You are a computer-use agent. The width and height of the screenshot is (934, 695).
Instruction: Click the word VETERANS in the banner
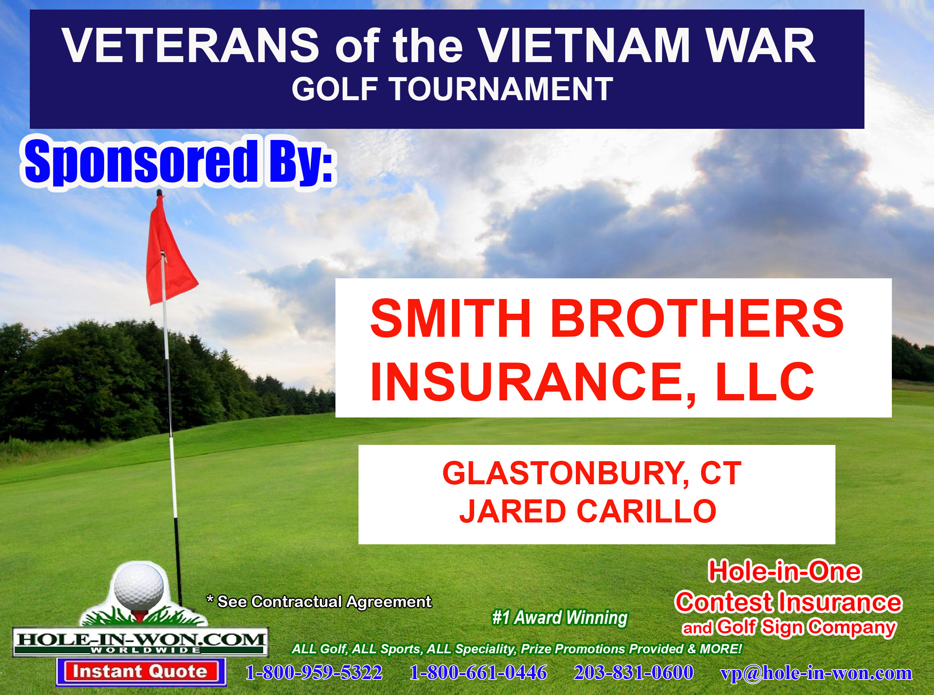190,45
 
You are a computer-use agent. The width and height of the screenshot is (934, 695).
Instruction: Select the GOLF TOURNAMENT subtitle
452,89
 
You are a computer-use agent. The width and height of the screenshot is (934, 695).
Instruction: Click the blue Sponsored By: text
179,162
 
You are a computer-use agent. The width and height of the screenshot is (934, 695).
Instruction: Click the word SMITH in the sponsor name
450,318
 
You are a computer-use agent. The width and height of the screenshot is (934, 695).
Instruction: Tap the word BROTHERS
697,318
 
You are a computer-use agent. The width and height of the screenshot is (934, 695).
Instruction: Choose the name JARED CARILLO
587,511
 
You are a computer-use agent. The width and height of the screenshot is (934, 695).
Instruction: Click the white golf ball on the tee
139,586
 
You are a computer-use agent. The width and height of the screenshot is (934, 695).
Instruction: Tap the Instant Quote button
140,672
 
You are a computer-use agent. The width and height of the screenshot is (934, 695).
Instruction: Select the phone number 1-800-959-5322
314,672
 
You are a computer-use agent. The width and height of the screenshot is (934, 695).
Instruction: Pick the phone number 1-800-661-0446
478,672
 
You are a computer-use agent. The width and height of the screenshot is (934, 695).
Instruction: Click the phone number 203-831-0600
634,672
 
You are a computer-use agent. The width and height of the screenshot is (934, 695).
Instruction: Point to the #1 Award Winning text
560,617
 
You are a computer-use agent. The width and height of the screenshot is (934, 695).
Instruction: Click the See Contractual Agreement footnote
319,602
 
